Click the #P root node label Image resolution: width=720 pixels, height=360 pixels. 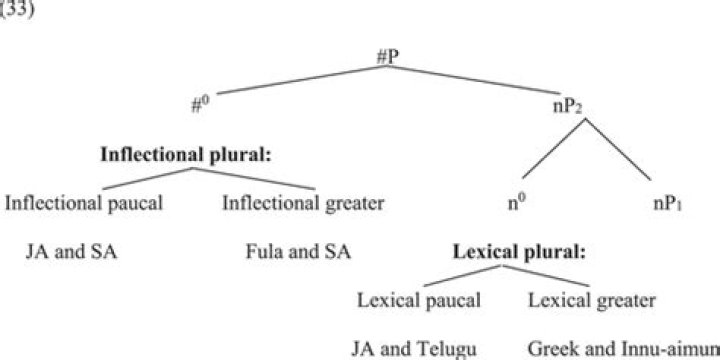pyautogui.click(x=391, y=57)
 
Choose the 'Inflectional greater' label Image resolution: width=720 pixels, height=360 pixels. pyautogui.click(x=302, y=203)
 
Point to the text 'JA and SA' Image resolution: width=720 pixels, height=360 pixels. pyautogui.click(x=70, y=250)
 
